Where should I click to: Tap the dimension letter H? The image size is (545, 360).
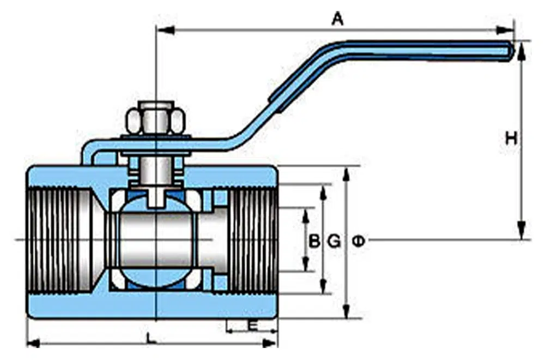pyautogui.click(x=511, y=139)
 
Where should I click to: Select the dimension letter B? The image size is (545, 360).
pyautogui.click(x=314, y=241)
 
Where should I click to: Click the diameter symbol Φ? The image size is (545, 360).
pyautogui.click(x=358, y=241)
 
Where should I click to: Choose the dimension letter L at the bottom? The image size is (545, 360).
pyautogui.click(x=151, y=338)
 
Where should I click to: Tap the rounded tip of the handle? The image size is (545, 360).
pyautogui.click(x=510, y=50)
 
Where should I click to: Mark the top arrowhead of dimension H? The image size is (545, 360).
pyautogui.click(x=522, y=50)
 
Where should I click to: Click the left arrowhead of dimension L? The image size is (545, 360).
pyautogui.click(x=34, y=343)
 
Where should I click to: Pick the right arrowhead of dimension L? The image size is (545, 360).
pyautogui.click(x=270, y=343)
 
